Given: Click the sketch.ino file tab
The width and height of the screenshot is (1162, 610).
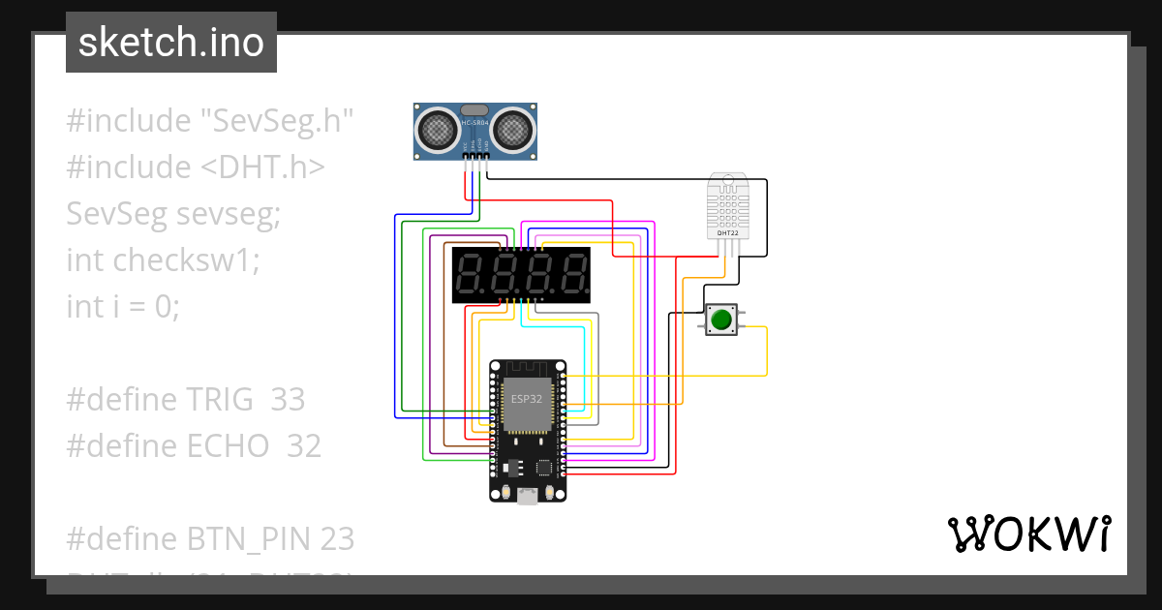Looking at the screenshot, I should click(170, 43).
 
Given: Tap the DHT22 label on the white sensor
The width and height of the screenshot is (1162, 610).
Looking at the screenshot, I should click(726, 232).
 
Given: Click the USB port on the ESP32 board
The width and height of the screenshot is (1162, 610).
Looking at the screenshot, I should click(528, 497).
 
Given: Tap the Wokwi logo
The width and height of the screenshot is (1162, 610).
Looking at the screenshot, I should click(1028, 534).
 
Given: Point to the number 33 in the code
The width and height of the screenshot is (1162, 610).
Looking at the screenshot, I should click(287, 399).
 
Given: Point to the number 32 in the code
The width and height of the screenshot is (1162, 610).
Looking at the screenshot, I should click(303, 445).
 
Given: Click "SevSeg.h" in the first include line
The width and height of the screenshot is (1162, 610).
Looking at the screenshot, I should click(276, 121).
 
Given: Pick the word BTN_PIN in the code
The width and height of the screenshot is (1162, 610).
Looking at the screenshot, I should click(239, 537).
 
